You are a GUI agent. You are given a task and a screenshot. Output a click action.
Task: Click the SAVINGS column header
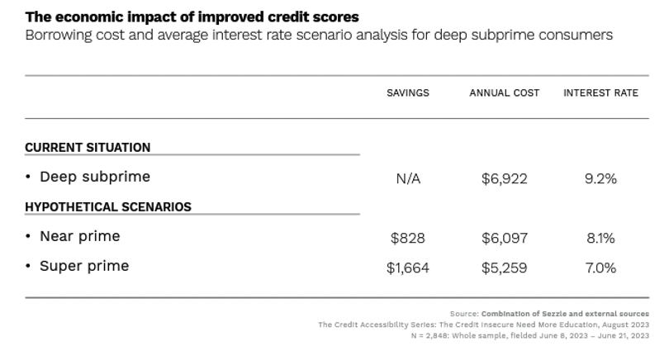tap(408, 93)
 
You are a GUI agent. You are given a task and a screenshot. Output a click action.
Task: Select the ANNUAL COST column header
tap(504, 93)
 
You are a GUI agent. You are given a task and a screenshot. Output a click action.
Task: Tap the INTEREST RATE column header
tap(600, 93)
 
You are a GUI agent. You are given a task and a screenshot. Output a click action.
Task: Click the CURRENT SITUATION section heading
tap(88, 148)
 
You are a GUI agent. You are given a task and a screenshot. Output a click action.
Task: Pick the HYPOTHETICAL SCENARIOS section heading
tap(108, 207)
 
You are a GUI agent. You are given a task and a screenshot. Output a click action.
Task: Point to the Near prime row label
tap(79, 236)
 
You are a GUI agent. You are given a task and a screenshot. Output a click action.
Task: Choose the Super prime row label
tap(84, 266)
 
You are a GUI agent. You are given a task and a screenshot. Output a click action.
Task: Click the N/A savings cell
tap(408, 179)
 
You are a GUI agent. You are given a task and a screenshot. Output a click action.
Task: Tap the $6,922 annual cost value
tap(504, 179)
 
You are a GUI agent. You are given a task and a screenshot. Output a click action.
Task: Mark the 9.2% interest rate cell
tap(600, 179)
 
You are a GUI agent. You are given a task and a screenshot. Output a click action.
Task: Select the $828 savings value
tap(408, 239)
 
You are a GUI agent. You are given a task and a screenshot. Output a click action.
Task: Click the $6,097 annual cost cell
tap(504, 239)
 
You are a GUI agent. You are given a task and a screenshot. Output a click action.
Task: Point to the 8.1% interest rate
tap(600, 239)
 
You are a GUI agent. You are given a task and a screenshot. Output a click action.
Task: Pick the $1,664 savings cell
tap(408, 268)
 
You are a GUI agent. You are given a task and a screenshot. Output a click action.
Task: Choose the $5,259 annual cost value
tap(504, 268)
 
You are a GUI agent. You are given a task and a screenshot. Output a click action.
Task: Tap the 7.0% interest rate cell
tap(600, 268)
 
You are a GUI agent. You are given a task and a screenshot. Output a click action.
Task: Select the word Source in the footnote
tap(463, 314)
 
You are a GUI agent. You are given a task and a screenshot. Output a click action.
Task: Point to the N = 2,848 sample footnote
tap(529, 335)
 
